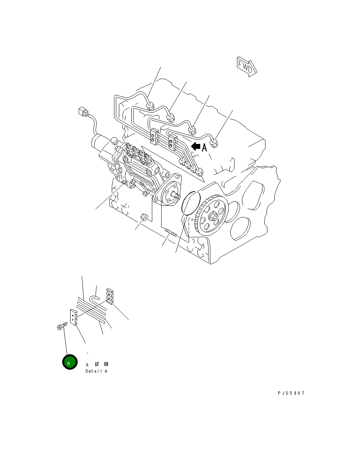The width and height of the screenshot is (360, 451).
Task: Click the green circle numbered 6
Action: (69, 362)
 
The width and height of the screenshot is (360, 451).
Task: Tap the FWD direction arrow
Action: (246, 67)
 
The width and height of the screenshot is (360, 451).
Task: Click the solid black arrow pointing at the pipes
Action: (195, 147)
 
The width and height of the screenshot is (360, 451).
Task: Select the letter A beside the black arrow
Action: (204, 148)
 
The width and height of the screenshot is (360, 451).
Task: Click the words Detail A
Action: (96, 371)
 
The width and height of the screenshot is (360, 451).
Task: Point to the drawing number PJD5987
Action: (291, 393)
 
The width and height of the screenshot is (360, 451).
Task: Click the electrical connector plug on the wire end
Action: (82, 112)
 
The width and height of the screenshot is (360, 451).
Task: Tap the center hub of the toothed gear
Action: (213, 216)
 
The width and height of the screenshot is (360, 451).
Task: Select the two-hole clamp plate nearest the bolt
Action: (73, 317)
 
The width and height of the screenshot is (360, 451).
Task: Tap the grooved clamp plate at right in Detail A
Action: (109, 295)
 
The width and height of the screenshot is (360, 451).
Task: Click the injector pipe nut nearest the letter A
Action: (214, 143)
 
